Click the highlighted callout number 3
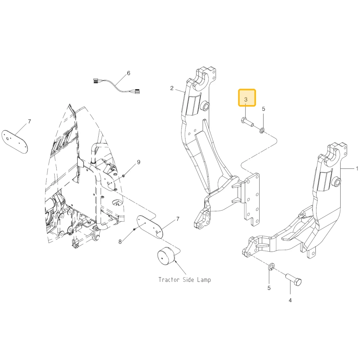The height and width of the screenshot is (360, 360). coord(246,99)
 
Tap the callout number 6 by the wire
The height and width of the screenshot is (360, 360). coord(129,73)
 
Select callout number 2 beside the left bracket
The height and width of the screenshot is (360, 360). coord(172,88)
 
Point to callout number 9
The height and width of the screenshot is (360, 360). coord(139,162)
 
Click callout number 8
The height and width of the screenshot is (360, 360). coord(120,242)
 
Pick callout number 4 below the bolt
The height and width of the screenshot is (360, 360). coord(290,300)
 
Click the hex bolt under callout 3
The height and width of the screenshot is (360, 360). coord(247,122)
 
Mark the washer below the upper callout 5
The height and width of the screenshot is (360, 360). coord(262,131)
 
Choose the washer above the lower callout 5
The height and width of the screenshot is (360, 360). coord(271,267)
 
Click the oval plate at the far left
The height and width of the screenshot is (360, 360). coord(15,141)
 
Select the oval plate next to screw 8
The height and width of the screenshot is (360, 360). coord(150,226)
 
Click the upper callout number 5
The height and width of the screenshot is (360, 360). coord(264,109)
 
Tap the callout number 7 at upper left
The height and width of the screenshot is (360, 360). coord(30,121)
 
